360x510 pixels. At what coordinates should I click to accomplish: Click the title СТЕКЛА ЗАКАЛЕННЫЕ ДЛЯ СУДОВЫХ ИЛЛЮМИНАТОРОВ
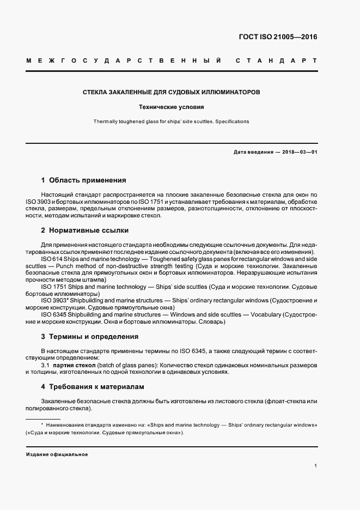(x=170, y=92)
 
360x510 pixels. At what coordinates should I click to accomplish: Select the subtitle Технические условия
(x=170, y=107)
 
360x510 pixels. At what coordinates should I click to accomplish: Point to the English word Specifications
(x=231, y=122)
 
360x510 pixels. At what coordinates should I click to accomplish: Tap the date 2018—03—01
(x=298, y=152)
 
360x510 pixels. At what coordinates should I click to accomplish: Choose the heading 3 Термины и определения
(x=90, y=336)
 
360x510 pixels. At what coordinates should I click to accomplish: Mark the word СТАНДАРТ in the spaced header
(x=276, y=60)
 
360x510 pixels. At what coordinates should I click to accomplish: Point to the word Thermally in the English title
(x=106, y=122)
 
